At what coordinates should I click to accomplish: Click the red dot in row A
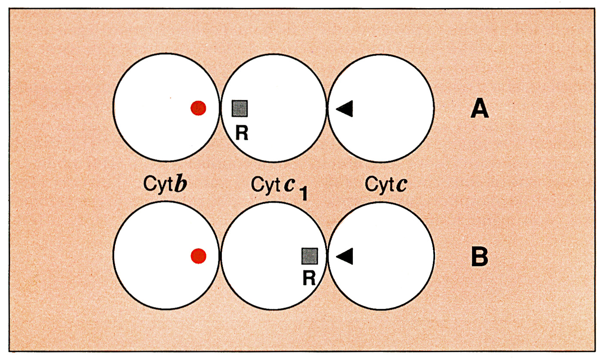(199, 108)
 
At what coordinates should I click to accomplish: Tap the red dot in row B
(199, 256)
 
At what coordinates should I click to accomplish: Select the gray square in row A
(239, 108)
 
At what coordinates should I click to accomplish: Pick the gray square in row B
(309, 256)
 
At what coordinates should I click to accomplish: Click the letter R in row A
(242, 133)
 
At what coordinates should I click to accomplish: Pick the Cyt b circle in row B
(166, 256)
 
